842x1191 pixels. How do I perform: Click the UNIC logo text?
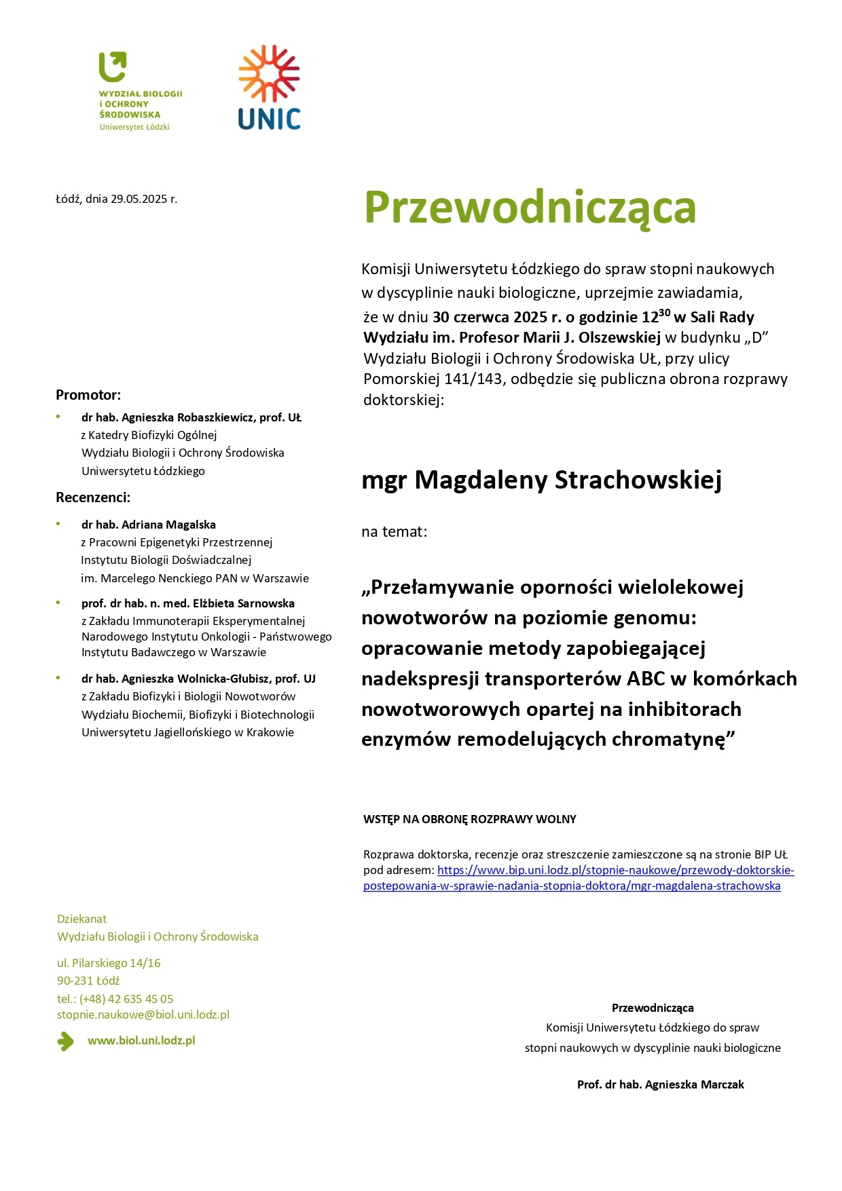[x=269, y=119]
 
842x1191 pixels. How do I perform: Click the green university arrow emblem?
[x=113, y=67]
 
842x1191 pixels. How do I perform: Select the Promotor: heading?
[x=88, y=395]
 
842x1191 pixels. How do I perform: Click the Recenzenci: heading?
[x=93, y=497]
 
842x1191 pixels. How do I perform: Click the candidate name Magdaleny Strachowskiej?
[x=568, y=480]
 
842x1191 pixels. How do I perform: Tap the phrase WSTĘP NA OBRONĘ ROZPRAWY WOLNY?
[x=469, y=819]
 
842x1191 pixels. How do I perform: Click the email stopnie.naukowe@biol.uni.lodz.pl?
[x=143, y=1015]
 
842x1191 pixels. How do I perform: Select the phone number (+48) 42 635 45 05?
[x=126, y=999]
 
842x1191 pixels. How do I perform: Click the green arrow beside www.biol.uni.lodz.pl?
[x=66, y=1041]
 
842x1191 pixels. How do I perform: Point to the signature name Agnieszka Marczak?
[x=694, y=1084]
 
